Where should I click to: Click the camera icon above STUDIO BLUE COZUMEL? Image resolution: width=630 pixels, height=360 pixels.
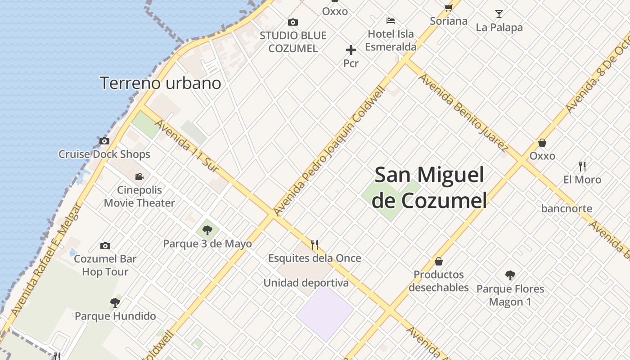point(293,22)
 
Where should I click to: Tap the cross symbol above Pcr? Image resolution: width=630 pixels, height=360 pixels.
point(351,50)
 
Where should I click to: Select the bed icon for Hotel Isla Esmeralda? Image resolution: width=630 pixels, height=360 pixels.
point(391,20)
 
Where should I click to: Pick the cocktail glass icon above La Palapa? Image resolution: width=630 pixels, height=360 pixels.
point(499,13)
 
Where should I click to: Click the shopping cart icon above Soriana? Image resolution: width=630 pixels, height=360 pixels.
point(448,7)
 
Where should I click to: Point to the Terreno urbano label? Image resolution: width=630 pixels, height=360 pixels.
point(160,83)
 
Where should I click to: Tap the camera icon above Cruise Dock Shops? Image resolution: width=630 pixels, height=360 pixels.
point(104,141)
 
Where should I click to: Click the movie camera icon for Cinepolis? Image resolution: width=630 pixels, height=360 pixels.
point(139,176)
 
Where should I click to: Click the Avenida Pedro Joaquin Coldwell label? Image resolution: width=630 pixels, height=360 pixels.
point(329,151)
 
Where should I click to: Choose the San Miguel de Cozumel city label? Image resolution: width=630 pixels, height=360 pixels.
point(430,187)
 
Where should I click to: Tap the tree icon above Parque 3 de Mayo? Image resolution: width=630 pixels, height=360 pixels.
point(207,230)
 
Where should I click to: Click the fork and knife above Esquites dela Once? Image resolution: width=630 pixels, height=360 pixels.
point(315,245)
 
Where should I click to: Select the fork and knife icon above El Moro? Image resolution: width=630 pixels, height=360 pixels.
point(582,166)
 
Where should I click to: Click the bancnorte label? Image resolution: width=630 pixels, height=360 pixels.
point(567,208)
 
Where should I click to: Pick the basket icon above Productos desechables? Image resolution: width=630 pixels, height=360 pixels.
point(439,261)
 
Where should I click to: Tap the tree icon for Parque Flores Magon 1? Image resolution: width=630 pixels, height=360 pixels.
point(510,275)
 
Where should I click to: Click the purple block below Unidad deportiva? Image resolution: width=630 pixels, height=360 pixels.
point(325,314)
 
